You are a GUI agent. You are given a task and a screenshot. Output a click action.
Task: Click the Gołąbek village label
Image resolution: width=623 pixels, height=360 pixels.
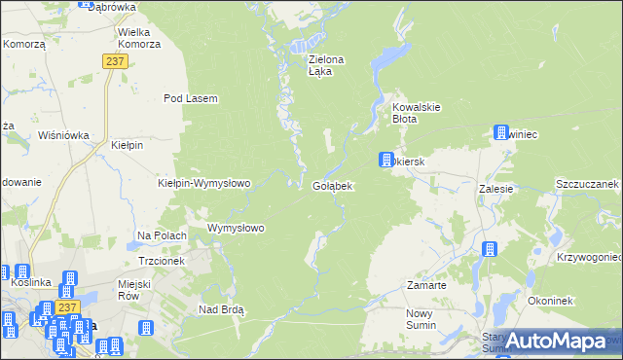[332, 186]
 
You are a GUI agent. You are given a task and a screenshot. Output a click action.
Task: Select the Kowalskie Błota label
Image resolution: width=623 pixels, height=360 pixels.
[418, 113]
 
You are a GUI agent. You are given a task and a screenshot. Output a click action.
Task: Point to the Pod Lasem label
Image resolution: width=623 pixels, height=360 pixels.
[190, 98]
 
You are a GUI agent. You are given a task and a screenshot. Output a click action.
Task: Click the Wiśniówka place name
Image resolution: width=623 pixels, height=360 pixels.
[63, 136]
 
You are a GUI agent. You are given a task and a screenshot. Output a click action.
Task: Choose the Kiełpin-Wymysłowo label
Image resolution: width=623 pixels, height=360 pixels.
[204, 183]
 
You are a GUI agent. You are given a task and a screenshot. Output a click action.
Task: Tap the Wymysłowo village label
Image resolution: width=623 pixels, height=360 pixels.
[237, 229]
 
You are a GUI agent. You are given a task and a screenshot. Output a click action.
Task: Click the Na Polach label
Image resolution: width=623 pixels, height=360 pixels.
[162, 235]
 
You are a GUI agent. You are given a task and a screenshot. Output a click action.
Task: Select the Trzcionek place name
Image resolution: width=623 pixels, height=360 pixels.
[162, 262]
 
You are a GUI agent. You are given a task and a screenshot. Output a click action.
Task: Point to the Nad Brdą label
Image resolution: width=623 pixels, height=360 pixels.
[221, 309]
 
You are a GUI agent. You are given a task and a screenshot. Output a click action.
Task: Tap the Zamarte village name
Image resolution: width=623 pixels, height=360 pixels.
[426, 286]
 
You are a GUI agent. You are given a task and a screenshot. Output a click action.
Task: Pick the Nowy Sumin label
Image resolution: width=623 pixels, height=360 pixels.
[423, 319]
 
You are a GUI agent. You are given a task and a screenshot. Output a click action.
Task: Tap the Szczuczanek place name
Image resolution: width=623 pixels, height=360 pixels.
[587, 183]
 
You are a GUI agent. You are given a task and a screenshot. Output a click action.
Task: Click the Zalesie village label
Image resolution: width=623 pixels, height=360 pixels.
[495, 190]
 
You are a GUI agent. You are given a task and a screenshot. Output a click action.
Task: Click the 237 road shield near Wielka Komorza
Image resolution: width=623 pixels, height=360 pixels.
[116, 60]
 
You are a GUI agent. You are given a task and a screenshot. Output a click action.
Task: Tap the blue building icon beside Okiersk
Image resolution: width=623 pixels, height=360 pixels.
[385, 160]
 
